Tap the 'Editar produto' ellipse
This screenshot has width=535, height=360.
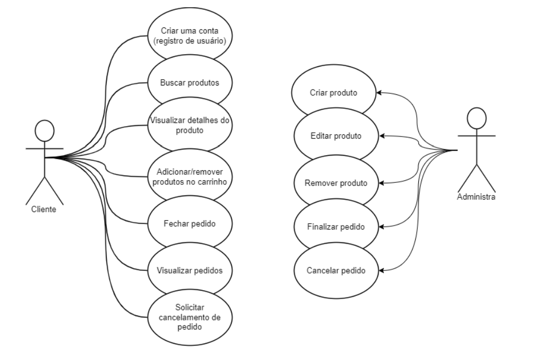336,136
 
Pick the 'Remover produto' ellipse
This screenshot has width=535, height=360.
336,183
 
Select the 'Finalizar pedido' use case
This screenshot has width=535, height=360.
336,227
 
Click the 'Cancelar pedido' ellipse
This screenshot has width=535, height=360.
336,270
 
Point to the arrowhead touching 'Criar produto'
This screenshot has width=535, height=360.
380,93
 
